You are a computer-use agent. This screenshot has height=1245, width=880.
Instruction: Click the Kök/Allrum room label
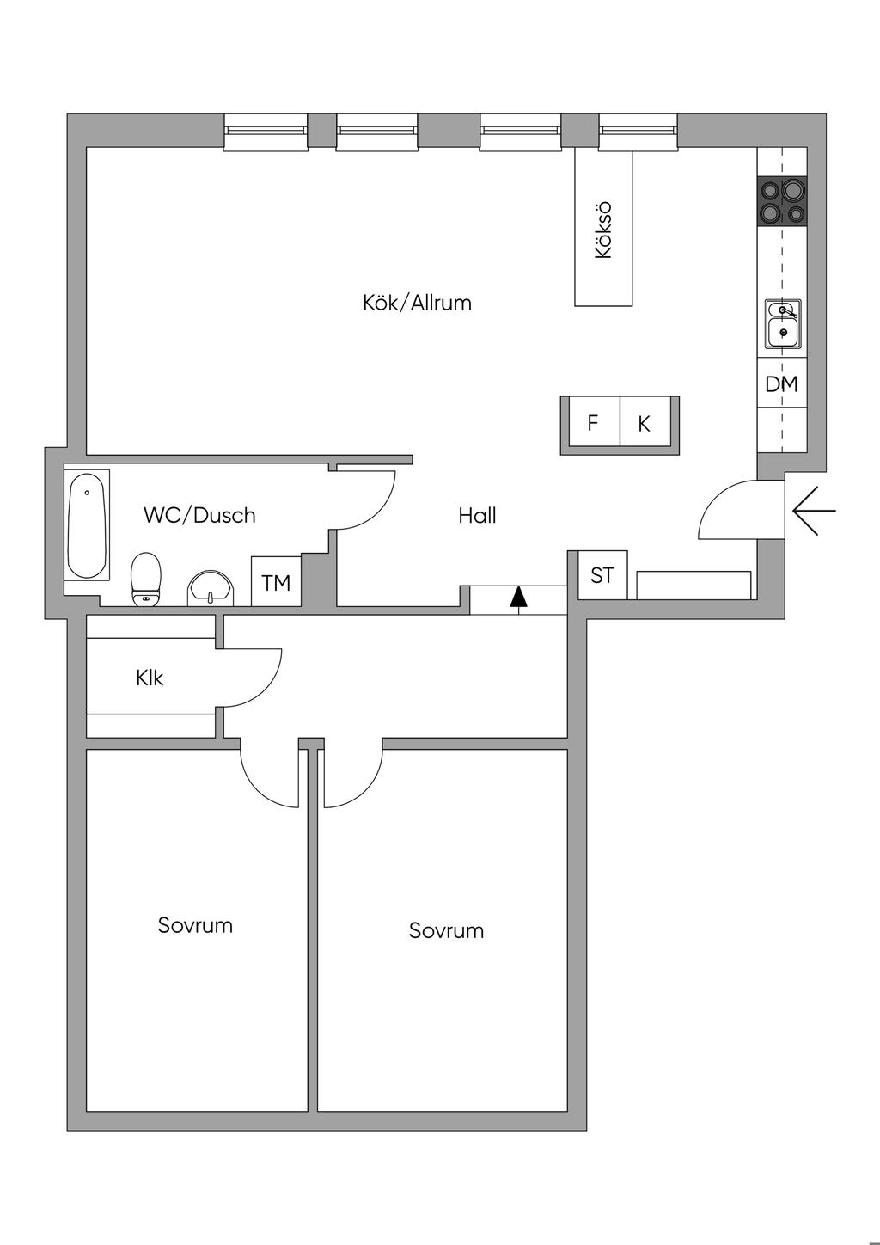[417, 303]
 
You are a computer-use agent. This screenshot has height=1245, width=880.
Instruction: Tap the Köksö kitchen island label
[603, 230]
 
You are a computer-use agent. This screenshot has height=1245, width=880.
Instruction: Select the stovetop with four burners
[782, 201]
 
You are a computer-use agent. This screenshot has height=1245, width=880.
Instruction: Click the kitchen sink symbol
[783, 323]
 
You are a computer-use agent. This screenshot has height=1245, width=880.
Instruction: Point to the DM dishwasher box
[781, 384]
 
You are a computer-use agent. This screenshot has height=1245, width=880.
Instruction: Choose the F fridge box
[592, 423]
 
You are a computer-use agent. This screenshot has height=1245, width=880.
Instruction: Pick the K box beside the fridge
[645, 423]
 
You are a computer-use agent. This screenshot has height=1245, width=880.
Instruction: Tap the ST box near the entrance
[602, 574]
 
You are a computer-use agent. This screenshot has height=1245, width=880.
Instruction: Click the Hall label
[477, 516]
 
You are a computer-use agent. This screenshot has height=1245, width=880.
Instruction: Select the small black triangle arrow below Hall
[517, 597]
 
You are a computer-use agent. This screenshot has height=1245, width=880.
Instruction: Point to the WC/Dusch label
[199, 515]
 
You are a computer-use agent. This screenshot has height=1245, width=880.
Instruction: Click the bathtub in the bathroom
[88, 525]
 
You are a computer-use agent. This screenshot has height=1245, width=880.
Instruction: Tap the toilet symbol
[146, 578]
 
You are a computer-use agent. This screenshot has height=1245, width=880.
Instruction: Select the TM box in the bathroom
[276, 583]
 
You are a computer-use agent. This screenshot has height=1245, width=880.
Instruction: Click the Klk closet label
[150, 678]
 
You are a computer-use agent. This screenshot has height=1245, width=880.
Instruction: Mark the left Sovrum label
[195, 925]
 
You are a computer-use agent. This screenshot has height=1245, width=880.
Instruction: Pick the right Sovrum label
[446, 930]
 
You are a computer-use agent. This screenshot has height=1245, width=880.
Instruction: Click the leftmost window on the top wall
[266, 132]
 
